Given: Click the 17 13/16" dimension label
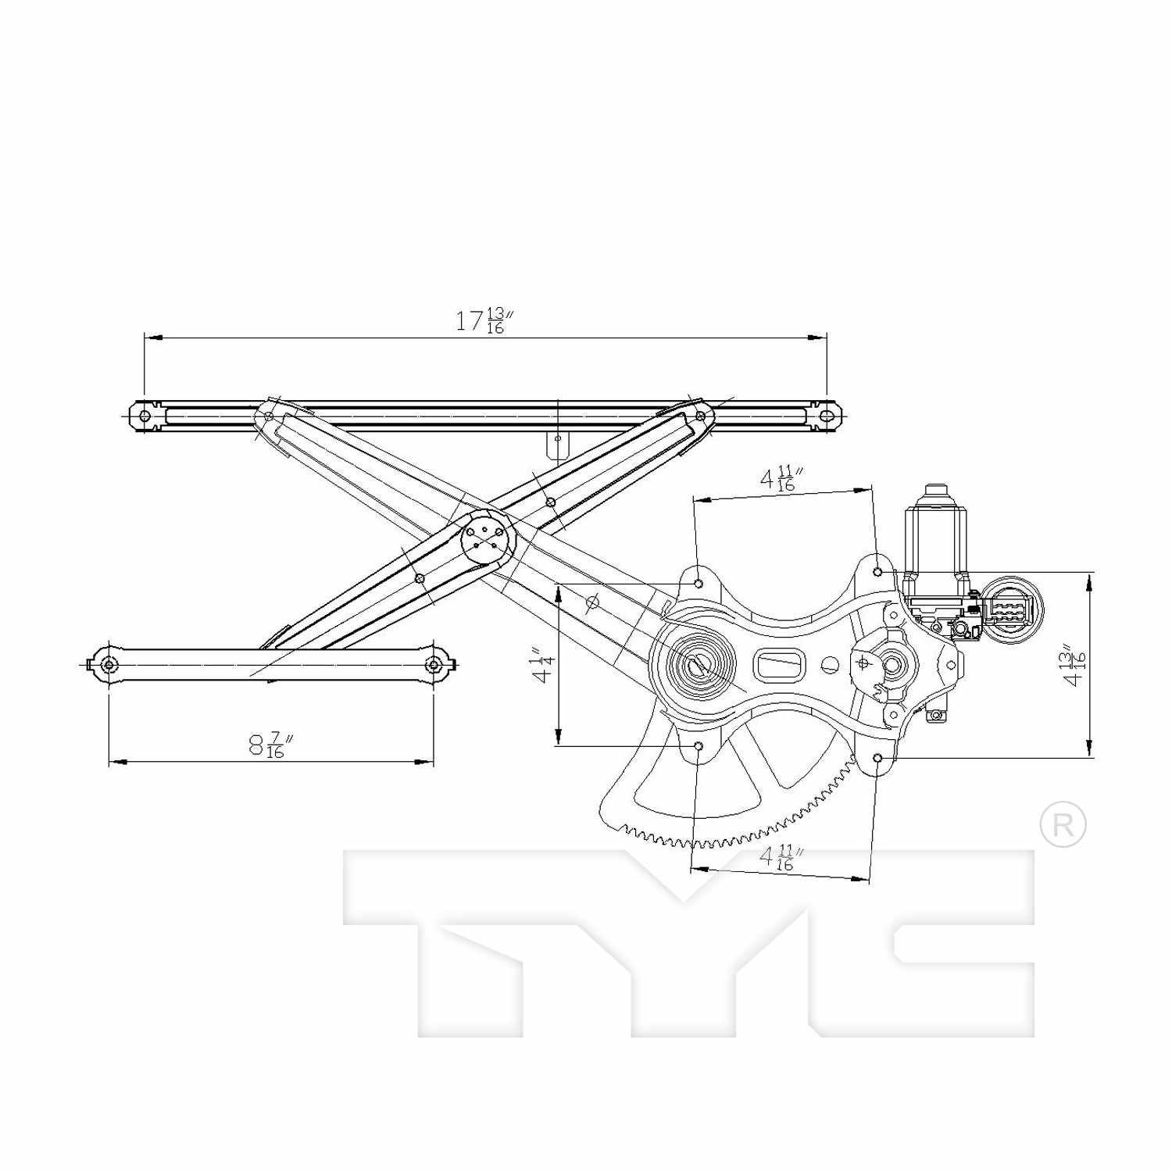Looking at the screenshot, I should coord(484,320).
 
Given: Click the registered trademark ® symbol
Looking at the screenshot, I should coord(1063,824).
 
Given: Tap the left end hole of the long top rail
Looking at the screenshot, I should coord(145,416).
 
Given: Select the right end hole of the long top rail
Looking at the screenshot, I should coord(826,416).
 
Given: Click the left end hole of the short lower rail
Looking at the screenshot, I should coord(109,665).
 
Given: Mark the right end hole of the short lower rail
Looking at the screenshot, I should coord(433,665).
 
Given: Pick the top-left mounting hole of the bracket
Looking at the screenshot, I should coord(699,583).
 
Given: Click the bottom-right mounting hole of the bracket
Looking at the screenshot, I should coord(877,757).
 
